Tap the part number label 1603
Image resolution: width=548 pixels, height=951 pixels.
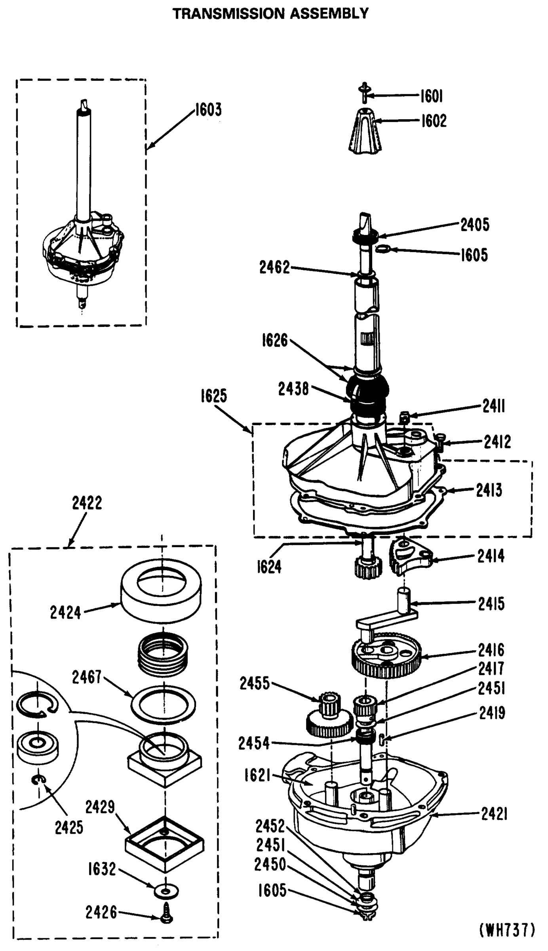coord(208,110)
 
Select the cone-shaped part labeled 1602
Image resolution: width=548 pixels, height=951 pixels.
coord(365,131)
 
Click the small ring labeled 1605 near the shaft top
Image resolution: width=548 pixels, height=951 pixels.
coord(383,248)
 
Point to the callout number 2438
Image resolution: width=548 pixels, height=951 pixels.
coord(293,389)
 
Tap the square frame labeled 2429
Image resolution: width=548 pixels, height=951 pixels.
coord(164,844)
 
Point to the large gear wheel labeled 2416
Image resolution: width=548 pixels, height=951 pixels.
coord(386,660)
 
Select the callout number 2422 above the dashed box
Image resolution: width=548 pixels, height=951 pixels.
coord(87,503)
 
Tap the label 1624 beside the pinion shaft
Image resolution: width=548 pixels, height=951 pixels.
coord(269,567)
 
